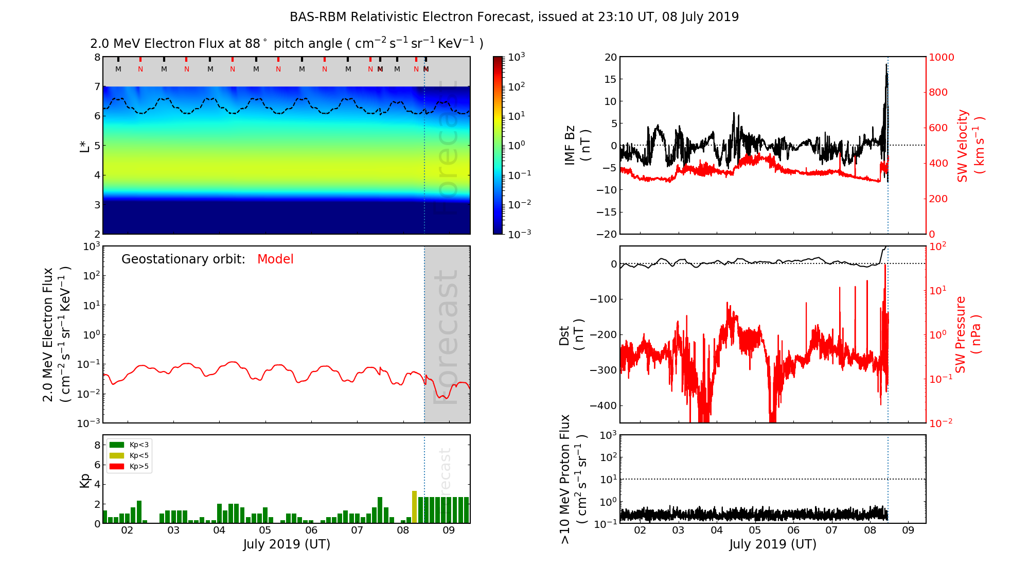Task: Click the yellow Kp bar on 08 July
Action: click(414, 507)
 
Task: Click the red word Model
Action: click(275, 259)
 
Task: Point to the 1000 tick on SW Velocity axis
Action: click(941, 57)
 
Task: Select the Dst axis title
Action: click(572, 335)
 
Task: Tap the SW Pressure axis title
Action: click(968, 335)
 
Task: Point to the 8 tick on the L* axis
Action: click(97, 57)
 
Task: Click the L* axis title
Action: click(85, 145)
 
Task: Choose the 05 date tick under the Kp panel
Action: click(265, 530)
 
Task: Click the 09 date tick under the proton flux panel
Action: click(908, 530)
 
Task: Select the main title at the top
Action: click(514, 17)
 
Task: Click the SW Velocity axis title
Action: click(970, 145)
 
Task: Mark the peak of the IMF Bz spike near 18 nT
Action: click(886, 64)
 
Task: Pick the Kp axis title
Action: click(85, 480)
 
